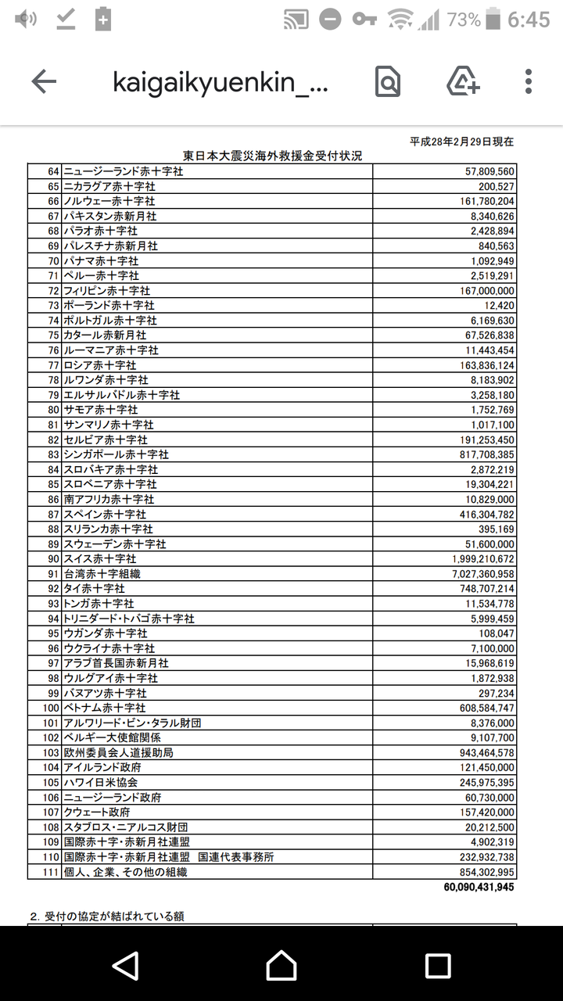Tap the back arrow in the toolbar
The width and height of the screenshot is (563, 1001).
tap(44, 81)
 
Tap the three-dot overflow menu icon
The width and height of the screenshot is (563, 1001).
tap(529, 81)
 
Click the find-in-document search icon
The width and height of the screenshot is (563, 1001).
tap(388, 81)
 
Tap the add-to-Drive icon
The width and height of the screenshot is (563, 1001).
tap(463, 81)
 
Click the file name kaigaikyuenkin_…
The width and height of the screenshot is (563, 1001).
tap(221, 82)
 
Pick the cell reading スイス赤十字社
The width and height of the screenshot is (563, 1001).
tap(100, 559)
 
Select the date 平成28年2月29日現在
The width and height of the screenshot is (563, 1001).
tap(461, 142)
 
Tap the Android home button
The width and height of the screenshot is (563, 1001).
tap(281, 966)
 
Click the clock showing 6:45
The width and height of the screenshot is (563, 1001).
tap(529, 20)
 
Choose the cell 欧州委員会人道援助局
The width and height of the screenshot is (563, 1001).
tap(118, 753)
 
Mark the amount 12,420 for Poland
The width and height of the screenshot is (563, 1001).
tap(499, 305)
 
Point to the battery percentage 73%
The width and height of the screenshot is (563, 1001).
tap(464, 20)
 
